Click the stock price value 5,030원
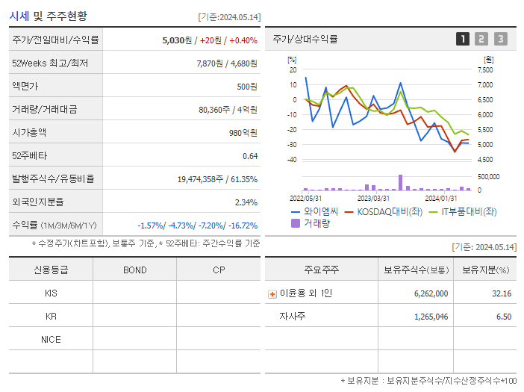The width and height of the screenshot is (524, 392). (x=177, y=40)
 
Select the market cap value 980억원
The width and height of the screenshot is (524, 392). (x=243, y=133)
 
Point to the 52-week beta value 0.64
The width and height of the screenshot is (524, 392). (x=250, y=156)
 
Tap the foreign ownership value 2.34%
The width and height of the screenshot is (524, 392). (x=246, y=202)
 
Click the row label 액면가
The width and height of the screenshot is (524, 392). (x=26, y=87)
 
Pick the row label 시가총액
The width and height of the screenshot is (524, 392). (x=29, y=133)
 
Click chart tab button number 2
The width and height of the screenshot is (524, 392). (x=481, y=39)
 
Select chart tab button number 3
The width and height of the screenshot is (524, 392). (x=500, y=39)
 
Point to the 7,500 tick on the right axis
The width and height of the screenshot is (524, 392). (x=484, y=69)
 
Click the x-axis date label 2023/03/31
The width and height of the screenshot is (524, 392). (x=373, y=198)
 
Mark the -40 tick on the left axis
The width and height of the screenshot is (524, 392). (x=292, y=160)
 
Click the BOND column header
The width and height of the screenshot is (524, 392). (x=134, y=270)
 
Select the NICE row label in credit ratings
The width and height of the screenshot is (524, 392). (x=51, y=340)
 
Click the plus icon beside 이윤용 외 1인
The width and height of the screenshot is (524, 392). (x=272, y=294)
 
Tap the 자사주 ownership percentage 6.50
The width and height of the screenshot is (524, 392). (x=503, y=317)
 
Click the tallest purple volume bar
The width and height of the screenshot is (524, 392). (x=401, y=182)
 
